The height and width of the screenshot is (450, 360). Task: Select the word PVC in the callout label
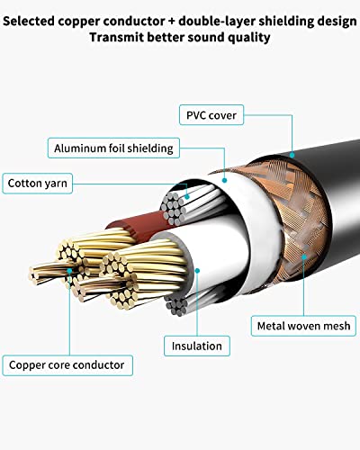point(198,114)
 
